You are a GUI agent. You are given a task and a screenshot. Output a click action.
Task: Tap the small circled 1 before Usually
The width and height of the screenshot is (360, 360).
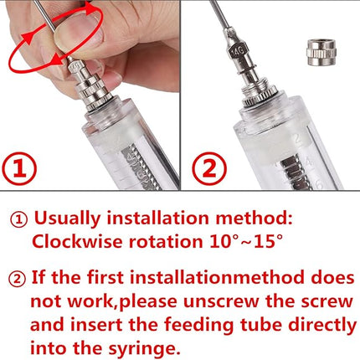(x=18, y=220)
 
